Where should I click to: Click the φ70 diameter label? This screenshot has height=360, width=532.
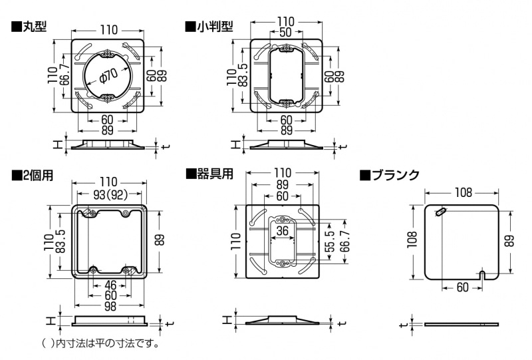[x=108, y=77]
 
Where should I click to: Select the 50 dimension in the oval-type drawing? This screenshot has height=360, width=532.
[x=286, y=32]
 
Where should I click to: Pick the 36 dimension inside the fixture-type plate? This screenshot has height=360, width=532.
[x=282, y=231]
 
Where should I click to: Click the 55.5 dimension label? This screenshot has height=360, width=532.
[x=330, y=242]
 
